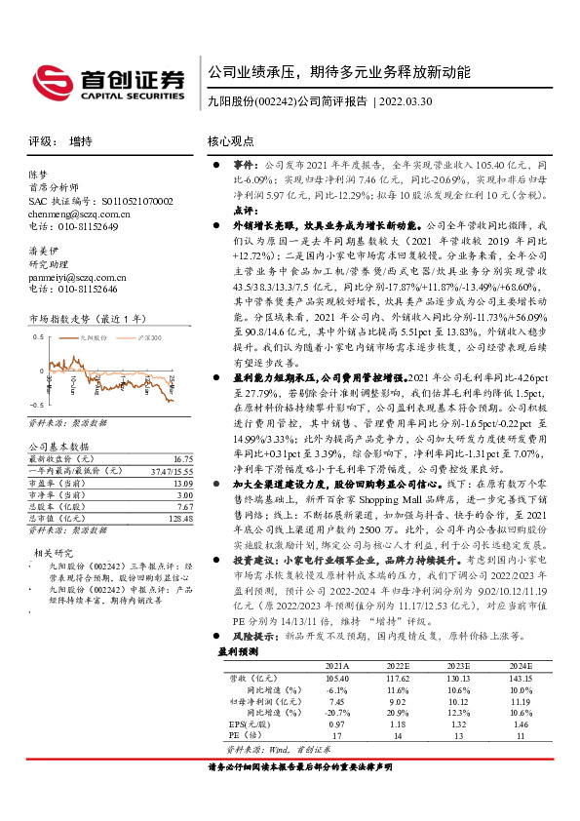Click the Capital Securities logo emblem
pyautogui.click(x=49, y=78)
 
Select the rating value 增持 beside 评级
pyautogui.click(x=81, y=141)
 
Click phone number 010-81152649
pyautogui.click(x=83, y=225)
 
